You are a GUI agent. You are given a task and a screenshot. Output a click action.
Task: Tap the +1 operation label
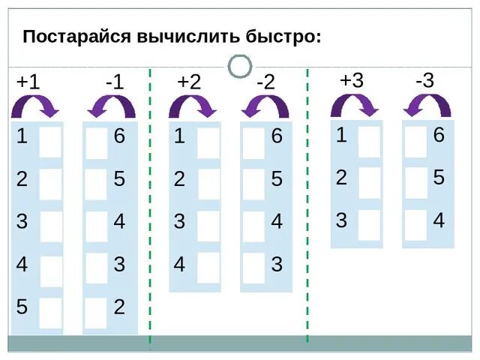[28, 82]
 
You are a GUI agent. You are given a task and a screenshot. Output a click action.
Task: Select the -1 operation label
[114, 82]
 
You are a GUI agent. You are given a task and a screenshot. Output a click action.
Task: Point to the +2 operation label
[189, 82]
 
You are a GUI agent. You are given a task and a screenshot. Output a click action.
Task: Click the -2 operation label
[265, 82]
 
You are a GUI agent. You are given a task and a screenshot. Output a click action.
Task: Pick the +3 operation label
[351, 80]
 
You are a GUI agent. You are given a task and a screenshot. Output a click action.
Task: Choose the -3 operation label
[424, 80]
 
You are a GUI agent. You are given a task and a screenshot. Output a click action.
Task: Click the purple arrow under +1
[35, 106]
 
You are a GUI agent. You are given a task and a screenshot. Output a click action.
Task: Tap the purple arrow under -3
[427, 105]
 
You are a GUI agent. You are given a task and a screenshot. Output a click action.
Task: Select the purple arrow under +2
[193, 106]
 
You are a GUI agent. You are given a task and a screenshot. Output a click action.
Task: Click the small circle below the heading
[239, 67]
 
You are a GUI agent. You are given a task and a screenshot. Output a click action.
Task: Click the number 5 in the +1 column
[22, 307]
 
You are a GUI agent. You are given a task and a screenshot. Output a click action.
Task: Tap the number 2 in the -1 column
[119, 307]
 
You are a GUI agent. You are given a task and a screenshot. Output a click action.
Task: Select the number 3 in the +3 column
[341, 220]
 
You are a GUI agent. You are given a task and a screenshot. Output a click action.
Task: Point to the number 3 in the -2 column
[277, 264]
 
